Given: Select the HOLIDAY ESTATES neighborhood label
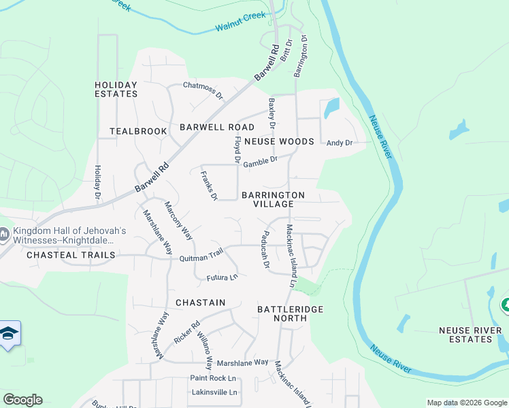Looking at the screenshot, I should point(116,90).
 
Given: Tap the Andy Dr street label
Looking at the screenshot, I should point(339,143).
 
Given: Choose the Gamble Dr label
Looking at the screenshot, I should point(261,160).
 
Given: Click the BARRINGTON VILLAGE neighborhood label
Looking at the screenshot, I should point(273,199).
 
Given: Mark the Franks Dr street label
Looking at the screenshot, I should point(208,185).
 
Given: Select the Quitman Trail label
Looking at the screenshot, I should point(201,256).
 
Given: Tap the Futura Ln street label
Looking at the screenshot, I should point(223,277).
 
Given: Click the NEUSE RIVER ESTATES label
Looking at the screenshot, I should point(465,335).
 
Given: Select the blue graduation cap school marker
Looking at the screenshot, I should point(9,334).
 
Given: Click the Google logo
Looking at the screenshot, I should point(22,400).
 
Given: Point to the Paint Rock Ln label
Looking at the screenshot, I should point(212,378).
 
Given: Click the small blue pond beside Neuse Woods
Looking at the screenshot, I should point(331,107).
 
